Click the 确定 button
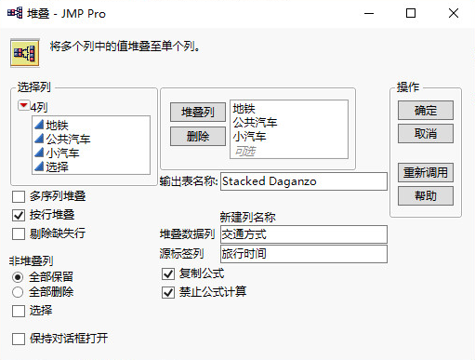tap(426, 111)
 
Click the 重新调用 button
tap(426, 173)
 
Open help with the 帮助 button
tap(426, 195)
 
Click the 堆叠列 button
tap(197, 112)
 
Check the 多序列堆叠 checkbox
tap(19, 196)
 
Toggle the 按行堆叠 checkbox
tap(19, 214)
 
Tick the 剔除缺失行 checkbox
tap(19, 233)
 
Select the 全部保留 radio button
tap(19, 276)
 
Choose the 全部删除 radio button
tap(19, 292)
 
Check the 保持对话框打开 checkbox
tap(19, 339)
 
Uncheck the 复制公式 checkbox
tap(168, 274)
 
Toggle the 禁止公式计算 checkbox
tap(168, 292)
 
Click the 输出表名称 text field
tap(302, 181)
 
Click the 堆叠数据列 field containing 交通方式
tap(302, 233)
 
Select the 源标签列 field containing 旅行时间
tap(302, 253)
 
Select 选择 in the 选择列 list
tap(56, 167)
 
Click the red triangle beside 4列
tap(23, 107)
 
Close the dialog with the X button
tap(453, 14)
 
